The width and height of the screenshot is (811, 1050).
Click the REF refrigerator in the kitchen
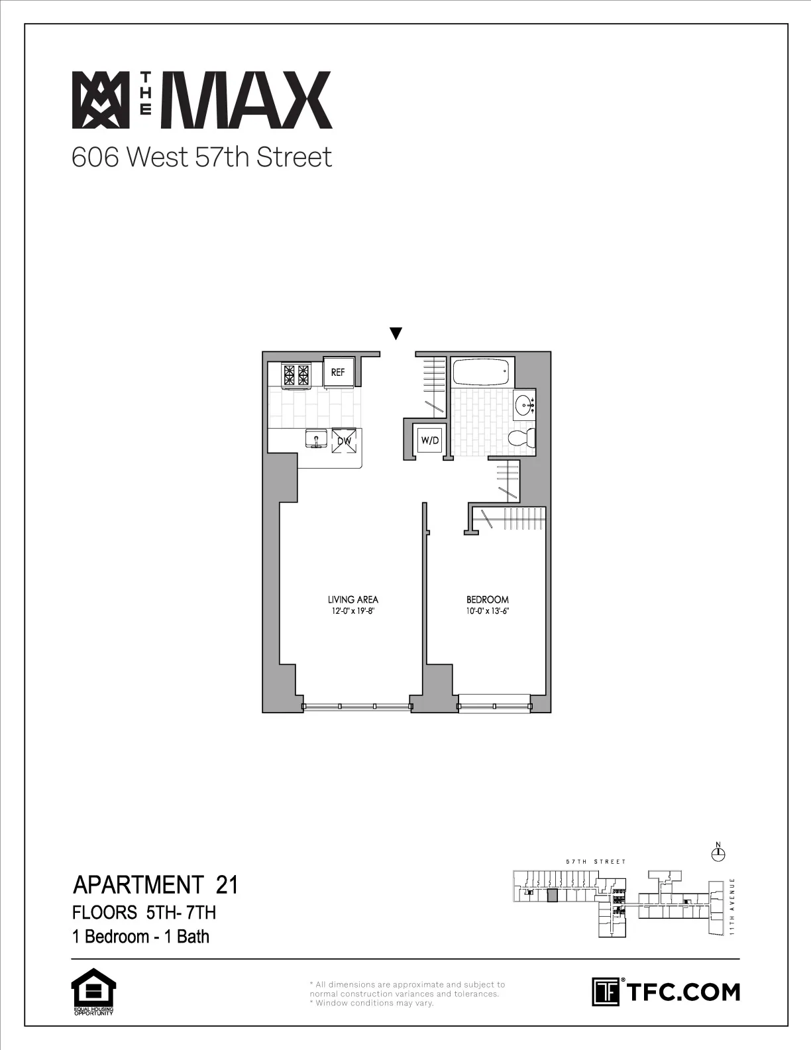pyautogui.click(x=338, y=372)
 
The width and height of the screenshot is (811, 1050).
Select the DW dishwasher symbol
pyautogui.click(x=345, y=441)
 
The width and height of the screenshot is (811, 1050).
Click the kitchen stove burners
pyautogui.click(x=297, y=375)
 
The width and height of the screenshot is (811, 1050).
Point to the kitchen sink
pyautogui.click(x=315, y=438)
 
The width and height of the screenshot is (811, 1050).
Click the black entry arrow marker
pyautogui.click(x=396, y=333)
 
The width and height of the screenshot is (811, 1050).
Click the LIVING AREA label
pyautogui.click(x=352, y=600)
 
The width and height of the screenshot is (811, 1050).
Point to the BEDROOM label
pyautogui.click(x=488, y=600)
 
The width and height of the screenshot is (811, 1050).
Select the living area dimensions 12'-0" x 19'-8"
pyautogui.click(x=352, y=611)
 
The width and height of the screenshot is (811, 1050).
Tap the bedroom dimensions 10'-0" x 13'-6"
pyautogui.click(x=488, y=611)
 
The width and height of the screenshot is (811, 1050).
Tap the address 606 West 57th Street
pyautogui.click(x=201, y=158)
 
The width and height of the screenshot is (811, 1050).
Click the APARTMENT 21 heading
pyautogui.click(x=155, y=885)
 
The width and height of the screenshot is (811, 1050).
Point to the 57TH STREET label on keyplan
pyautogui.click(x=596, y=862)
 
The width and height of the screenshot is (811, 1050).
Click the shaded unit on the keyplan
pyautogui.click(x=553, y=896)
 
